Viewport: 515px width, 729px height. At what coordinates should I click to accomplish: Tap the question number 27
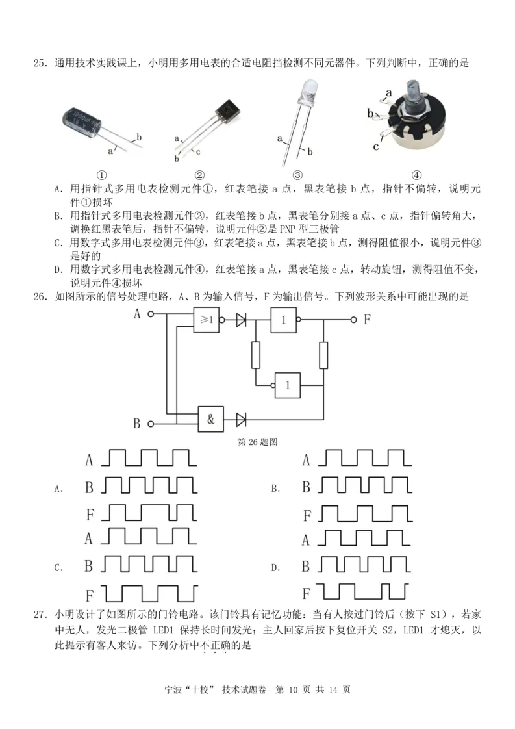pos(40,614)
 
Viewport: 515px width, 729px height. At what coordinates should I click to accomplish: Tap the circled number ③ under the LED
pos(297,175)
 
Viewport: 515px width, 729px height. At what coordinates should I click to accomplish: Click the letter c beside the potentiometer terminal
pos(376,146)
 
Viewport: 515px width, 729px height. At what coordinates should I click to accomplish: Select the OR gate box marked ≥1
pos(208,320)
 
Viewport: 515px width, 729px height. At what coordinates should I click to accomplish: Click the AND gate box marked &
pos(211,419)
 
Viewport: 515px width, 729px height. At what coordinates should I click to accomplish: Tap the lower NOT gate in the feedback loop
pos(288,385)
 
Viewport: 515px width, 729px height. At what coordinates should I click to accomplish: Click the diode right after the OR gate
pos(242,320)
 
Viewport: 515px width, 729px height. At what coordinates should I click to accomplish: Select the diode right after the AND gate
pos(242,419)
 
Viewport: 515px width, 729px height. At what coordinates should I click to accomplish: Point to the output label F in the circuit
pos(367,319)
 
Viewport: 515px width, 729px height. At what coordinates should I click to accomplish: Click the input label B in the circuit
pos(136,424)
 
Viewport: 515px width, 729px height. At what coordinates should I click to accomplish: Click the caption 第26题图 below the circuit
pos(258,442)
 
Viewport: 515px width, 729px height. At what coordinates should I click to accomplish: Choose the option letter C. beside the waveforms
pos(58,568)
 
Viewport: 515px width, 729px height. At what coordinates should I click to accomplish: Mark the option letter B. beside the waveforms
pos(275,488)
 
